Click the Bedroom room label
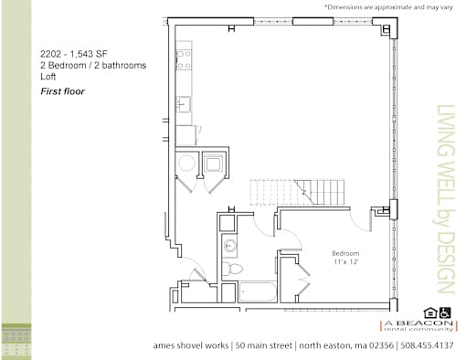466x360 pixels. click(345, 253)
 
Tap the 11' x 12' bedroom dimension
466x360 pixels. click(345, 262)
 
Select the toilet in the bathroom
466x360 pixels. click(232, 269)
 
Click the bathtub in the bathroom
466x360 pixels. click(257, 291)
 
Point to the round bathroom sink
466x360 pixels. click(229, 245)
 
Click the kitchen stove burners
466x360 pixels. click(184, 59)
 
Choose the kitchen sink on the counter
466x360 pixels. click(184, 104)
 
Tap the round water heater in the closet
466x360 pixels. click(186, 163)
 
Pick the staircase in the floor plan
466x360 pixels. click(297, 192)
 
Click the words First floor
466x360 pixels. click(62, 91)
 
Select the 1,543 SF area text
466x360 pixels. click(89, 54)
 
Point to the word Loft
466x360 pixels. click(48, 77)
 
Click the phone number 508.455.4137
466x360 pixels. click(427, 345)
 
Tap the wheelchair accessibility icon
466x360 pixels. click(445, 312)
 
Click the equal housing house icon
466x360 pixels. click(430, 313)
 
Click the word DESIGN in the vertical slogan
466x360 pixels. click(446, 262)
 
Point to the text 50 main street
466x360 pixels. click(264, 345)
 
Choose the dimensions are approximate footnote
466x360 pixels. click(389, 6)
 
